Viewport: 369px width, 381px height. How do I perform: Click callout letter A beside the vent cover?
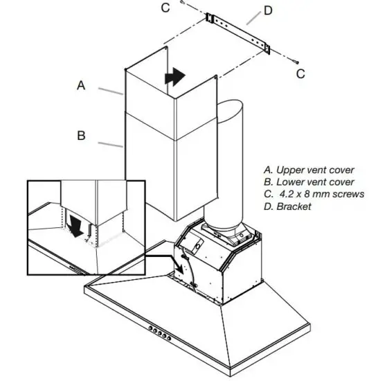point(81,86)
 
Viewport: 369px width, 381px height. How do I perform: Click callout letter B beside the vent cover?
point(81,136)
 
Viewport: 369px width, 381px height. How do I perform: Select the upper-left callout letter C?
point(165,8)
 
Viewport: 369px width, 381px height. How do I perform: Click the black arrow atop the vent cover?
point(174,76)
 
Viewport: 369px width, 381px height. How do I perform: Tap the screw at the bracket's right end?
point(294,61)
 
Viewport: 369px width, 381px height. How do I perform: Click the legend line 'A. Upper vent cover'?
point(309,170)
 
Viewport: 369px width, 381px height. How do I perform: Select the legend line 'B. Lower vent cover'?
point(309,182)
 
